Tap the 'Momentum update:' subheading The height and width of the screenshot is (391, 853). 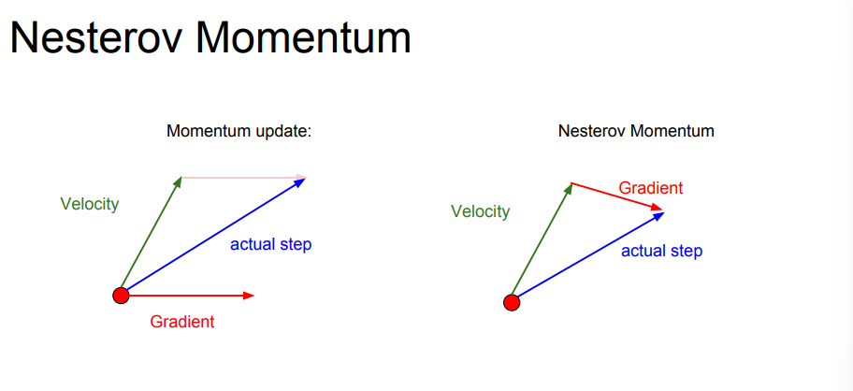(239, 132)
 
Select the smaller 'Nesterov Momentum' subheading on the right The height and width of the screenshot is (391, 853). (636, 131)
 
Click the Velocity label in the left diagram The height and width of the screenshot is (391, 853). (89, 205)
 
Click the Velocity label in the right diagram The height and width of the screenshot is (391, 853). (480, 211)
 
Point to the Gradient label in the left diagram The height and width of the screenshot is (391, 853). (182, 322)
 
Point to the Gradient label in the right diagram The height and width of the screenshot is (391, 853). (651, 188)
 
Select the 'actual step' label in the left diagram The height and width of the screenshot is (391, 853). (271, 245)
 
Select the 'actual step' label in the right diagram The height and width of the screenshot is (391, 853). (661, 252)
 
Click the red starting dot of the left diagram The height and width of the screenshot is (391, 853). (121, 296)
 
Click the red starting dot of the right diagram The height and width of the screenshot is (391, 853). (512, 302)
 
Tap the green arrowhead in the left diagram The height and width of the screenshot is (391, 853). (178, 181)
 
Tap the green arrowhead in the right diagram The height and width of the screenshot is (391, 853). (569, 188)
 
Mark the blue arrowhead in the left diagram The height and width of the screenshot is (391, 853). (301, 182)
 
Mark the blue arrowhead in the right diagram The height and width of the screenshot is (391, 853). (658, 215)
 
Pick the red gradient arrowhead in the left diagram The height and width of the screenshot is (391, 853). (249, 296)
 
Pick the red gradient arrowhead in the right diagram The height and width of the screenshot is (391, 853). (658, 207)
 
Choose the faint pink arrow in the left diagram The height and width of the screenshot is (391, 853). (244, 177)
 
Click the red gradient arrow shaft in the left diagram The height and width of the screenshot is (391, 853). (186, 296)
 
